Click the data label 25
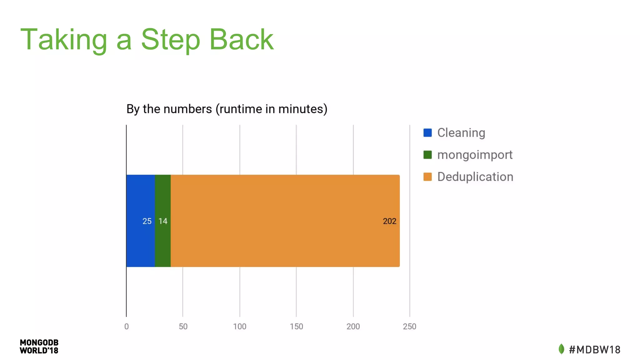[147, 221]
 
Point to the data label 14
[163, 221]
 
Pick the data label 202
[389, 221]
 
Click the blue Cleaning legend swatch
[427, 133]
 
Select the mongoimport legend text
[475, 155]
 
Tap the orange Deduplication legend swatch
[427, 177]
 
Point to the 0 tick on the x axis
[126, 327]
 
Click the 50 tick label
[183, 327]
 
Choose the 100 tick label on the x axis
[240, 327]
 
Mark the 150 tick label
[296, 327]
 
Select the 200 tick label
[353, 327]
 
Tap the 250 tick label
[409, 327]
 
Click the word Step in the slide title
[170, 40]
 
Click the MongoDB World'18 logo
[39, 347]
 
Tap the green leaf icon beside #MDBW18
[561, 349]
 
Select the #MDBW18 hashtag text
[595, 350]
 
